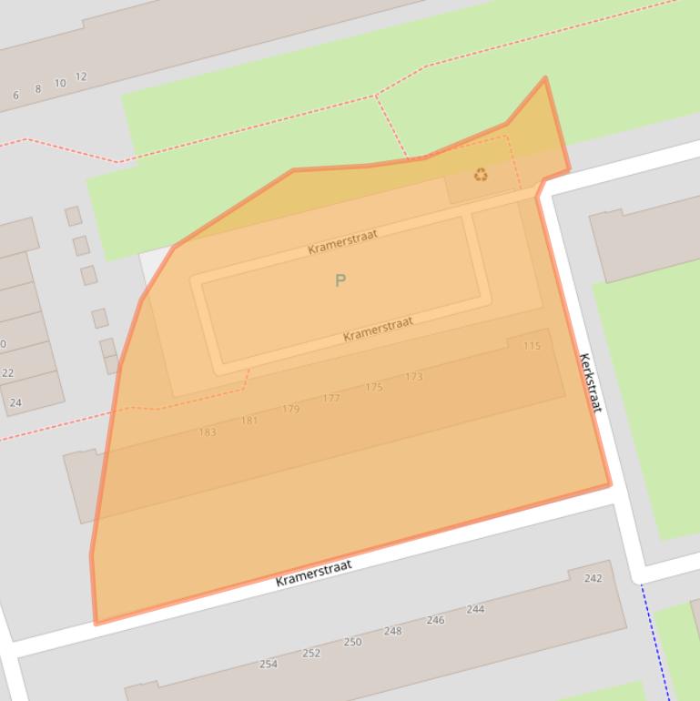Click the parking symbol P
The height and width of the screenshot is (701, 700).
(x=340, y=280)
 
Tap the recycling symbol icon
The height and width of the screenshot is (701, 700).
(x=481, y=175)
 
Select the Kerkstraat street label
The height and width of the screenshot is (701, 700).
(x=590, y=382)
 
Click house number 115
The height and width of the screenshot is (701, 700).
(x=532, y=346)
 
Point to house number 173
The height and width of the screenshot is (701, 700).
(x=414, y=377)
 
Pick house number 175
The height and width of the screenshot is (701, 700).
(x=374, y=388)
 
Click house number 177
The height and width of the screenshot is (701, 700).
(x=331, y=399)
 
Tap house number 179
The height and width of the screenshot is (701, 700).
(x=290, y=410)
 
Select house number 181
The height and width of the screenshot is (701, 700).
(x=249, y=421)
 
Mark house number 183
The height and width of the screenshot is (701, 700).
(x=208, y=432)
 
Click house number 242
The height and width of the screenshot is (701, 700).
(x=593, y=578)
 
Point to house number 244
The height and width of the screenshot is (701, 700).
(x=475, y=609)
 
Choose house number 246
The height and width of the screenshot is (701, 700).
(x=435, y=620)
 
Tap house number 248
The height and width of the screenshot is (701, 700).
(x=392, y=631)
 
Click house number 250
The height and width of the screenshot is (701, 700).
(x=352, y=642)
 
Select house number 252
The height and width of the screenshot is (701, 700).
(x=311, y=653)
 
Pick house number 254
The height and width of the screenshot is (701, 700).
(x=269, y=664)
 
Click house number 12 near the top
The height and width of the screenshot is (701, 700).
(x=81, y=76)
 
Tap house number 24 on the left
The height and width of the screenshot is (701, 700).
(x=15, y=402)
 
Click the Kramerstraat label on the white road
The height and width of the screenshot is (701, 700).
(x=313, y=573)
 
